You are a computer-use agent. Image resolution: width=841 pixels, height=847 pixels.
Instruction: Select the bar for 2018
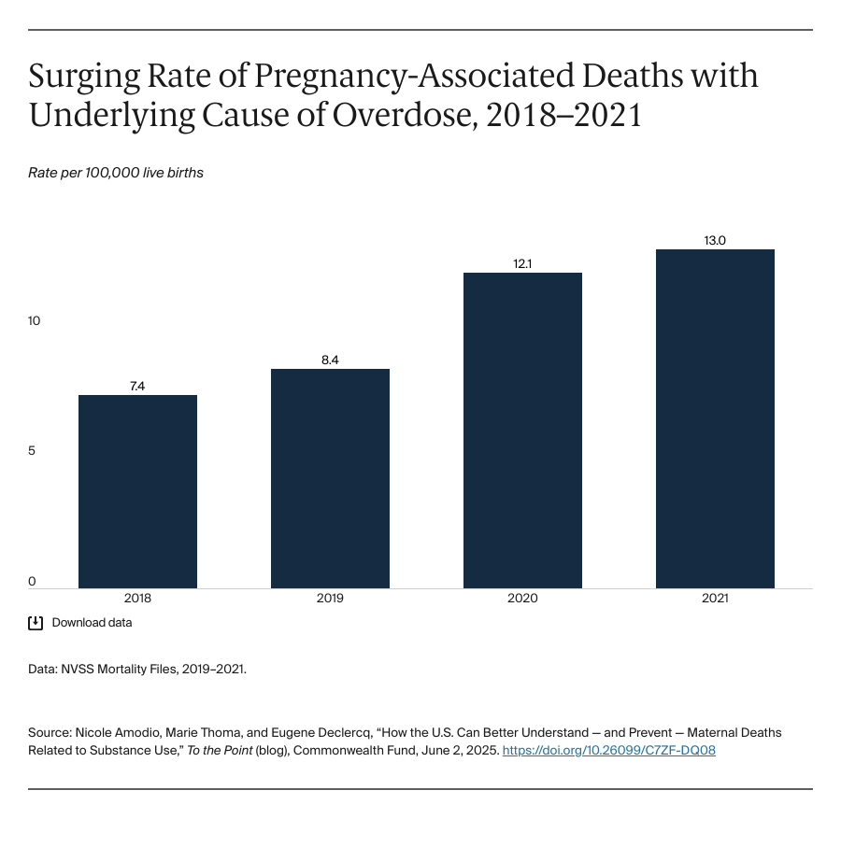[x=137, y=491]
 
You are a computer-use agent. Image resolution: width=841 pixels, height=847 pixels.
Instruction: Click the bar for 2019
[x=330, y=478]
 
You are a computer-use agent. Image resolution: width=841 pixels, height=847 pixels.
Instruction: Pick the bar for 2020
[x=522, y=431]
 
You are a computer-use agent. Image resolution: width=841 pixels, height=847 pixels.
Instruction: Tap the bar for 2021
[x=715, y=418]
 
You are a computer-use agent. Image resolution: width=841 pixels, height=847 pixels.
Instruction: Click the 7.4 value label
[x=137, y=386]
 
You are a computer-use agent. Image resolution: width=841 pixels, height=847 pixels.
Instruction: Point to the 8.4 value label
[x=330, y=360]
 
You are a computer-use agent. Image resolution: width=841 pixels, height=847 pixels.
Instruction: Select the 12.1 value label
[x=522, y=263]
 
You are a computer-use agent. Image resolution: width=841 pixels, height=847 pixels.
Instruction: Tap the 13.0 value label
[x=715, y=240]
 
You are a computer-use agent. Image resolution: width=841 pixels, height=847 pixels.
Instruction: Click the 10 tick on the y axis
[x=35, y=321]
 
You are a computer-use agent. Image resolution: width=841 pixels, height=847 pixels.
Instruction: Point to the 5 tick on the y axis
[x=32, y=451]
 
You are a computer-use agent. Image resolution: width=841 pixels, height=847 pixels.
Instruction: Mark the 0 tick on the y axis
[x=32, y=581]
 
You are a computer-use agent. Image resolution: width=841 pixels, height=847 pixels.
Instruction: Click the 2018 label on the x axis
[x=137, y=599]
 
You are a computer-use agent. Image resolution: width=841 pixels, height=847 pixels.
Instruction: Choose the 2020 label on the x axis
[x=522, y=599]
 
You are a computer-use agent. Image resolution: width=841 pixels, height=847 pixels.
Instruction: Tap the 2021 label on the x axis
[x=715, y=599]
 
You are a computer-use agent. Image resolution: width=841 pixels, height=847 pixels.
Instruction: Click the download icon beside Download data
[x=36, y=623]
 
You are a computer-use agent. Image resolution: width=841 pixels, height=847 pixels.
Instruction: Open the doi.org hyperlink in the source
[x=608, y=750]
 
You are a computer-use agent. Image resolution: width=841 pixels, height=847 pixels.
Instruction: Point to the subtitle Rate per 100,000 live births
[x=116, y=173]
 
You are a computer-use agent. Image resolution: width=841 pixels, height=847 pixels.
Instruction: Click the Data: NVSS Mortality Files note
[x=137, y=670]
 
